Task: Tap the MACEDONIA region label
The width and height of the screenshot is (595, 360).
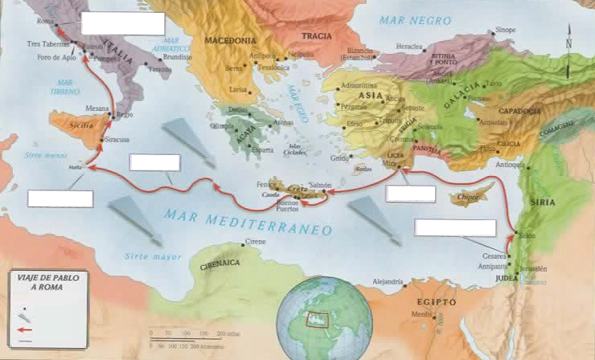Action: [x=230, y=39]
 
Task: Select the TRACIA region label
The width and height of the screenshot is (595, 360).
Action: [x=316, y=36]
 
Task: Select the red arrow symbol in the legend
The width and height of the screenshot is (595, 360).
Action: [x=27, y=329]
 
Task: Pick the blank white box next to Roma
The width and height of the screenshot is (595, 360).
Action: [x=122, y=24]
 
